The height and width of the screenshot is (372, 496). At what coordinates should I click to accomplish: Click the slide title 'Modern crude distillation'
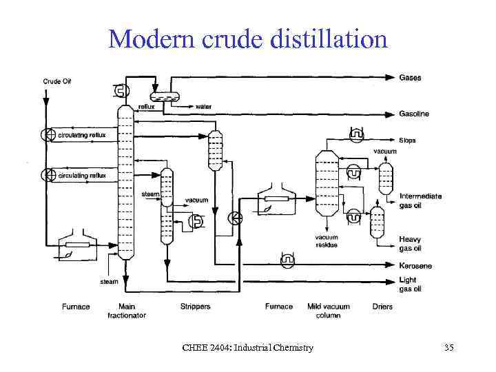click(248, 39)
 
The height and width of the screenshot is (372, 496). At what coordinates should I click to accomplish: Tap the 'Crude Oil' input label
click(57, 81)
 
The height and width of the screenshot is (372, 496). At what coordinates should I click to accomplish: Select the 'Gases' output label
click(411, 78)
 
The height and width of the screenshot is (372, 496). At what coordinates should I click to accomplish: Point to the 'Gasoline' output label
click(415, 114)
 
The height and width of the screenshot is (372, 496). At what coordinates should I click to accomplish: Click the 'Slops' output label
click(408, 141)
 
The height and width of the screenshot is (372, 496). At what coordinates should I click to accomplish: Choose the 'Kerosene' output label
click(416, 265)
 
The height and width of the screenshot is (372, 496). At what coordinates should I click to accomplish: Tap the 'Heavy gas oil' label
click(411, 244)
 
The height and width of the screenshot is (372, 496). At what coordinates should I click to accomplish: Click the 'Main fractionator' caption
click(127, 311)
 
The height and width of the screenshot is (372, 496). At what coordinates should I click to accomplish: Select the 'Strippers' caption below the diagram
click(195, 307)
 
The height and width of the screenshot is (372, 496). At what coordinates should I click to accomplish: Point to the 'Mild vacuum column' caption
click(328, 311)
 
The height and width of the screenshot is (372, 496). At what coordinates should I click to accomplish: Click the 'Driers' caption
click(382, 307)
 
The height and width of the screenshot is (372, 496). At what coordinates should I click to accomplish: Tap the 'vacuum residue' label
click(327, 241)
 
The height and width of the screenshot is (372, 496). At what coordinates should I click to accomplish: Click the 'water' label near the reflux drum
click(203, 107)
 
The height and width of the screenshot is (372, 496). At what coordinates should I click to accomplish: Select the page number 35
click(449, 347)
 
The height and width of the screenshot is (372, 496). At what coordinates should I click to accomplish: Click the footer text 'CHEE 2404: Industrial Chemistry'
click(248, 347)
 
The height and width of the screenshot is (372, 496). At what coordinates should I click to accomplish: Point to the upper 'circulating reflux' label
click(82, 135)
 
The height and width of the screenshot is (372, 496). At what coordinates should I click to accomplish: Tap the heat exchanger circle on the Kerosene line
click(288, 261)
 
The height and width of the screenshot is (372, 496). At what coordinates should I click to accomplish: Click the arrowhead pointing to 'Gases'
click(392, 77)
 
